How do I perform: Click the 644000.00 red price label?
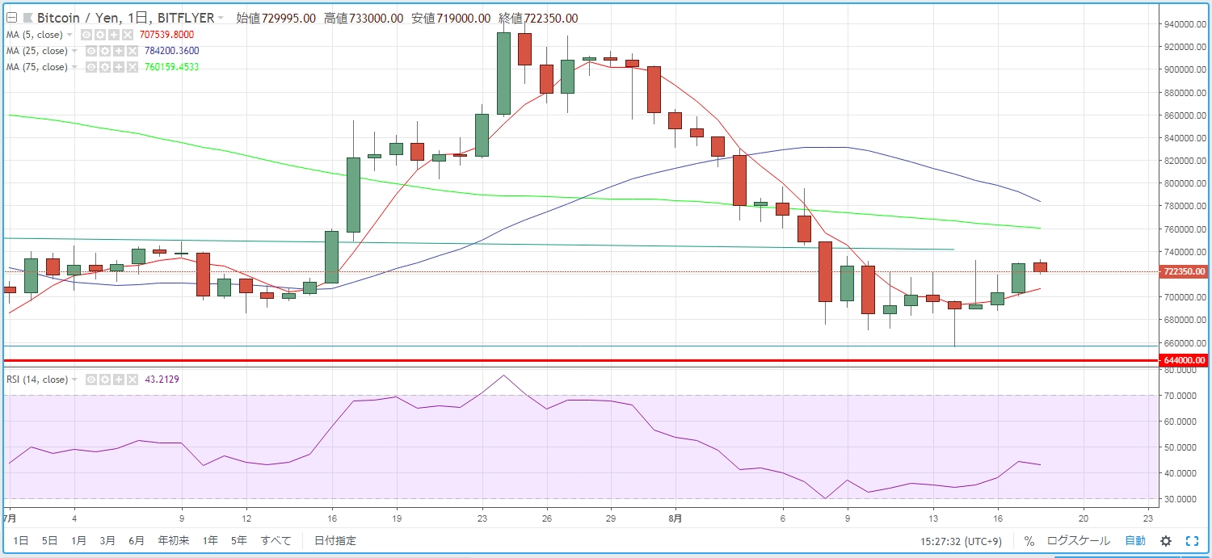click(1185, 360)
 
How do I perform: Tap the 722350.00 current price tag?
click(1185, 272)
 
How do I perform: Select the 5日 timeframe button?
click(49, 541)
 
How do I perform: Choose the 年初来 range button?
click(174, 541)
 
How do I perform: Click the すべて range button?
click(276, 541)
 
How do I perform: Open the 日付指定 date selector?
click(335, 541)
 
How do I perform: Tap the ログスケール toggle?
click(1078, 541)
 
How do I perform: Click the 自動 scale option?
click(1135, 541)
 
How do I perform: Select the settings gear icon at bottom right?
click(1166, 541)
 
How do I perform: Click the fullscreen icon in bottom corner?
click(1192, 541)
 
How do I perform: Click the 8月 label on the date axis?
click(675, 518)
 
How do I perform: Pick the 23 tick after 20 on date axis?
click(1148, 518)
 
